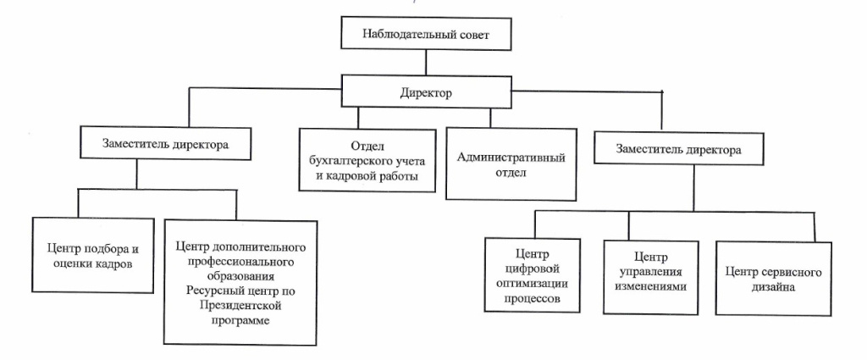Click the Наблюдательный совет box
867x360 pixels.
(425, 36)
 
